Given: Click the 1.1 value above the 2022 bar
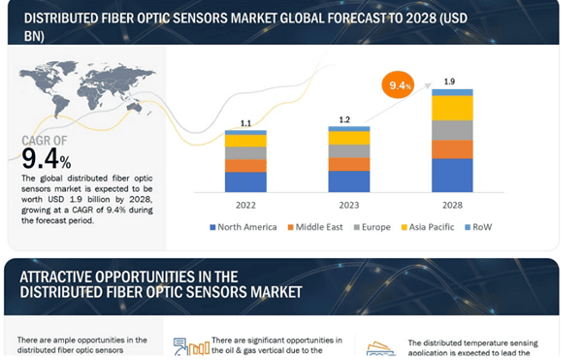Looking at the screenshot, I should pos(245,123).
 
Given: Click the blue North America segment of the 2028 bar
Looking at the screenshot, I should pos(452,175).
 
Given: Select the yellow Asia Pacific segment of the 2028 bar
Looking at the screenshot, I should pos(452,108).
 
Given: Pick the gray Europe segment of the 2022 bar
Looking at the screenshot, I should pos(245,152).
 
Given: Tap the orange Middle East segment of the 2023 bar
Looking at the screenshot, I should pos(348,164).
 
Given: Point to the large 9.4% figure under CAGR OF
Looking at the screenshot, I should pos(48,158).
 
